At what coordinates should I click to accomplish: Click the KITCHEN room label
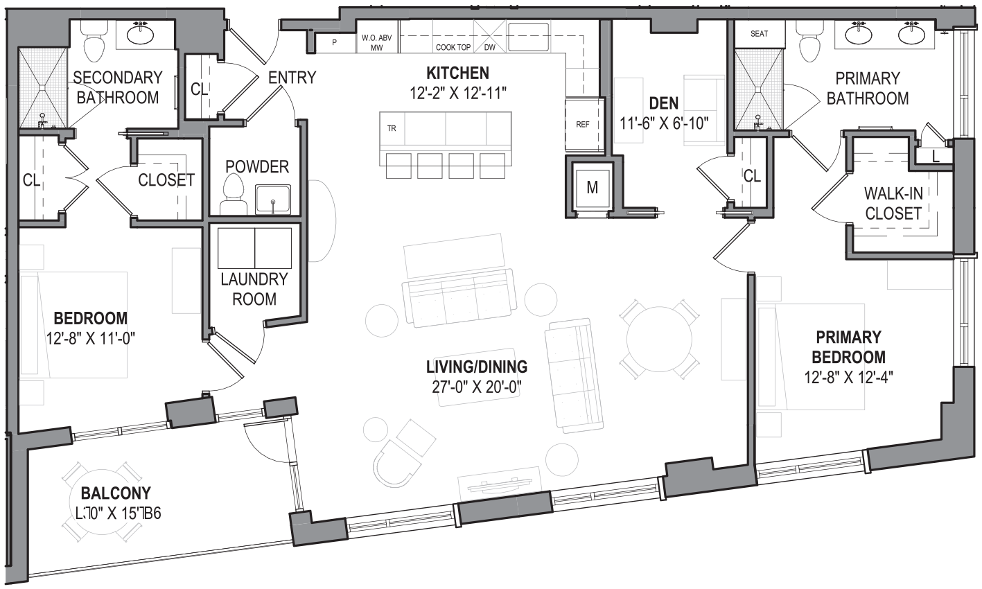pyautogui.click(x=457, y=73)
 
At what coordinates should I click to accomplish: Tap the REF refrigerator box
pyautogui.click(x=582, y=125)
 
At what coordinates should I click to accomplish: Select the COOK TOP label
pyautogui.click(x=453, y=48)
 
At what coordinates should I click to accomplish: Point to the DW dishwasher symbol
pyautogui.click(x=490, y=48)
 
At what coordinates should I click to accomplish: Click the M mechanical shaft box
pyautogui.click(x=592, y=187)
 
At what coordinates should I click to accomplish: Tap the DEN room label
pyautogui.click(x=663, y=104)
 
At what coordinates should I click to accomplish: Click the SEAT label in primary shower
pyautogui.click(x=759, y=33)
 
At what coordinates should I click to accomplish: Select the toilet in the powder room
pyautogui.click(x=234, y=194)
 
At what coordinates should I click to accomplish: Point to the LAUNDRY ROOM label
pyautogui.click(x=254, y=289)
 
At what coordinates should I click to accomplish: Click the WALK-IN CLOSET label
pyautogui.click(x=893, y=203)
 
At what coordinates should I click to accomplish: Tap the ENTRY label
pyautogui.click(x=292, y=78)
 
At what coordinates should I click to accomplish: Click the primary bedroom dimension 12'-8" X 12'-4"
pyautogui.click(x=848, y=378)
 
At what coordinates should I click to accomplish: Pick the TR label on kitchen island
pyautogui.click(x=392, y=129)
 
